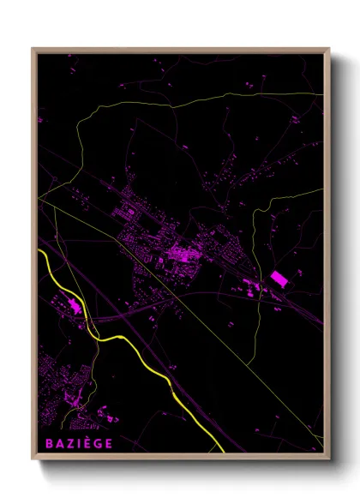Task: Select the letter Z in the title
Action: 68,444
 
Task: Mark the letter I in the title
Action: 77,444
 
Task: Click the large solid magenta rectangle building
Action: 279,279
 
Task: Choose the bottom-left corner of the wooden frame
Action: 33,460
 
